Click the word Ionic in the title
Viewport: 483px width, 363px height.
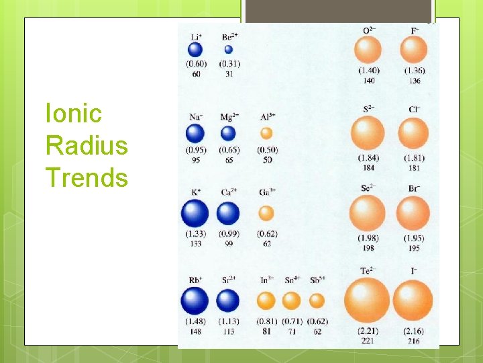73,114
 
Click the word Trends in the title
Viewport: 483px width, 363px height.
86,178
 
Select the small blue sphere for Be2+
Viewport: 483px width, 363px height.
229,49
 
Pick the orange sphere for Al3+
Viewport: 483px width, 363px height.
266,133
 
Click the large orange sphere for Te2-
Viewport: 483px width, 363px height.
367,299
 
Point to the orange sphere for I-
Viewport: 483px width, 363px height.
413,299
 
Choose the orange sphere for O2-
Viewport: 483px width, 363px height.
367,50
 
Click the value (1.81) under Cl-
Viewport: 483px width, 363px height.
413,158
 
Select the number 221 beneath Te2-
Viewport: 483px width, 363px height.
367,341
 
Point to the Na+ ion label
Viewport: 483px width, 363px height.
196,117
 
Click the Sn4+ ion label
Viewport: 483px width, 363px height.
292,280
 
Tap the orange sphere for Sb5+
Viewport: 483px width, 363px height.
317,300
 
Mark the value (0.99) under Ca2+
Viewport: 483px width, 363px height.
229,234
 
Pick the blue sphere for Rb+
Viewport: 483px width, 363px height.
195,300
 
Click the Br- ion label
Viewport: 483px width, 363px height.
413,188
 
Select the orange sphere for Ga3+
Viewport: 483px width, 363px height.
266,213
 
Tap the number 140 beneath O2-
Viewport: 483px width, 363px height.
368,81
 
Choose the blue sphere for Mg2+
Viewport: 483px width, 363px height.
229,133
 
